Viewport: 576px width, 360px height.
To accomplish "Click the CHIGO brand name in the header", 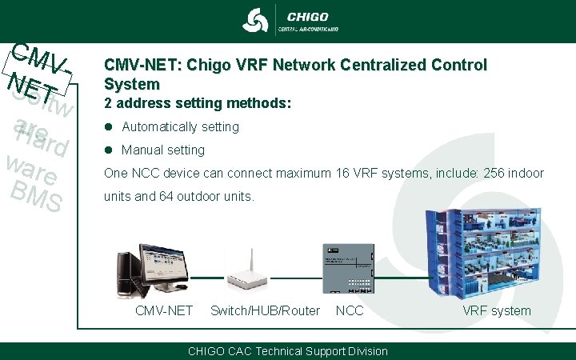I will coord(307,17).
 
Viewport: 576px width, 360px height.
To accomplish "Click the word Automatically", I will coord(158,126).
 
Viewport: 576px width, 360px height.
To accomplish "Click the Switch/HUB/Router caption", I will coord(265,310).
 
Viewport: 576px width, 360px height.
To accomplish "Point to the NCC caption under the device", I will coord(350,310).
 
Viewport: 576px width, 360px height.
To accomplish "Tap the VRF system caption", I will coord(496,310).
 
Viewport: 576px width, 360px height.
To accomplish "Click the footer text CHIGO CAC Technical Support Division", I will coord(287,351).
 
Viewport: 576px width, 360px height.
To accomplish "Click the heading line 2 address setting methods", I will coord(198,104).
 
